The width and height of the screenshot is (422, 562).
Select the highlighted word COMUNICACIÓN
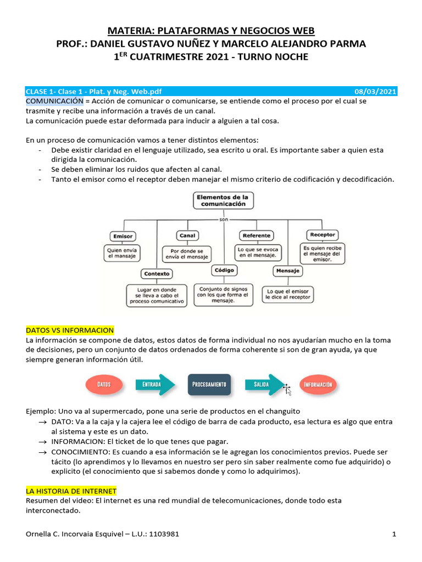click(54, 102)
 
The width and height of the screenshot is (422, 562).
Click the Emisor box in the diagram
click(123, 236)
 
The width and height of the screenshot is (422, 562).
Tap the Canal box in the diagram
click(187, 235)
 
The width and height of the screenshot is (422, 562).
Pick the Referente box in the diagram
click(256, 235)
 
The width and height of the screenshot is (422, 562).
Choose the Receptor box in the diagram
click(322, 234)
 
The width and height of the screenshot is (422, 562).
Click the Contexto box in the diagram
click(157, 273)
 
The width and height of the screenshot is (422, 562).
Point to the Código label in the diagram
click(225, 270)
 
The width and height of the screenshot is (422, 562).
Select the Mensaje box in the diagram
click(288, 271)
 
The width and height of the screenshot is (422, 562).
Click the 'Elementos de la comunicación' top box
click(223, 200)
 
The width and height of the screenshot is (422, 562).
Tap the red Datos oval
click(104, 385)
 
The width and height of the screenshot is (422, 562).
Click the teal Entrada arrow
click(154, 385)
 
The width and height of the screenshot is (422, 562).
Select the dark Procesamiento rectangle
click(209, 385)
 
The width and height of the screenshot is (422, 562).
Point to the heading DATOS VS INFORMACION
click(70, 330)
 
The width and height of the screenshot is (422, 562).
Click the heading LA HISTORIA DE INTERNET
click(71, 491)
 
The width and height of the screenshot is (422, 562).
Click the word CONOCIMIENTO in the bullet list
click(77, 452)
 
